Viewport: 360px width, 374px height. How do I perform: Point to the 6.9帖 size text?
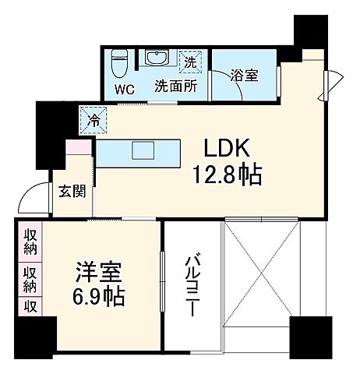[98, 297]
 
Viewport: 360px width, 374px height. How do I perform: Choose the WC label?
[125, 88]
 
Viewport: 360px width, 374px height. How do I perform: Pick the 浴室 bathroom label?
[244, 76]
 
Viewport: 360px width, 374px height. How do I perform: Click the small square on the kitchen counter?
[144, 150]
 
